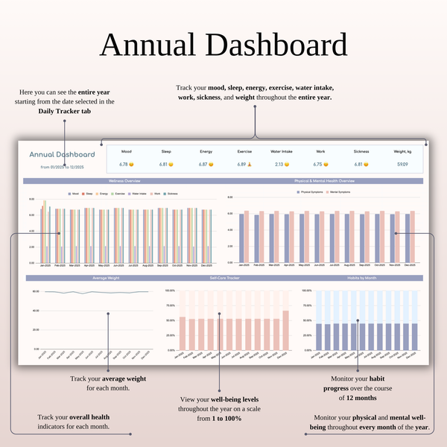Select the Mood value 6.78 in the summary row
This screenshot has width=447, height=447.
click(124, 164)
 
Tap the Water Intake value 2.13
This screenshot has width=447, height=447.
click(281, 164)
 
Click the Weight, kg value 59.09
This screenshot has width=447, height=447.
click(402, 164)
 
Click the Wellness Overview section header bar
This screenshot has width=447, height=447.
click(122, 181)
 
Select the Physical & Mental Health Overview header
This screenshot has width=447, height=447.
click(325, 181)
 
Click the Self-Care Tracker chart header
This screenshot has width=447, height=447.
click(224, 278)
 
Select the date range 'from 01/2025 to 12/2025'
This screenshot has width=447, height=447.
click(62, 167)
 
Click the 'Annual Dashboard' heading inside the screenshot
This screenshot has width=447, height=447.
click(63, 155)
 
